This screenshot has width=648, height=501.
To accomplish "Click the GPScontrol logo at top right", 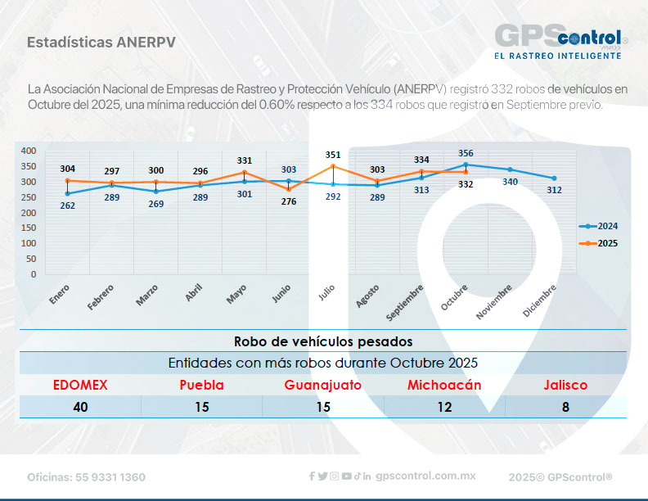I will click(560, 41).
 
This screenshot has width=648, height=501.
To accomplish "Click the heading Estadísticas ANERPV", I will click(100, 42).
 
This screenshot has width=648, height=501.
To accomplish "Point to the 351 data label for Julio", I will click(333, 154).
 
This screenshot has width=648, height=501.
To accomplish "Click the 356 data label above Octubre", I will click(466, 152).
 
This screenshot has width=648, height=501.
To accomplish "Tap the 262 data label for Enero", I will click(68, 205).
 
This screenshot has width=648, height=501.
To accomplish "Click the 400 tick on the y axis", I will click(29, 151).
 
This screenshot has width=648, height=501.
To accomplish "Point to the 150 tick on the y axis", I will click(29, 228).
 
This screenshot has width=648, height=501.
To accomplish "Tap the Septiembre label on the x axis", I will click(405, 301).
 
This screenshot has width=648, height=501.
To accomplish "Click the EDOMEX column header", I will click(80, 385).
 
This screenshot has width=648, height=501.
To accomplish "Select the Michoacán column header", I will click(444, 385).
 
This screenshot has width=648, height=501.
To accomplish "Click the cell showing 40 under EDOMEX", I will click(80, 407).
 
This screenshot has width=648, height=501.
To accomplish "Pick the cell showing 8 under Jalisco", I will click(565, 407).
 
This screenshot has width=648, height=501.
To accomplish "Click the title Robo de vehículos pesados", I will click(323, 341).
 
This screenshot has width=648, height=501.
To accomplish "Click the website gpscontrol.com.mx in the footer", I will click(425, 476).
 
